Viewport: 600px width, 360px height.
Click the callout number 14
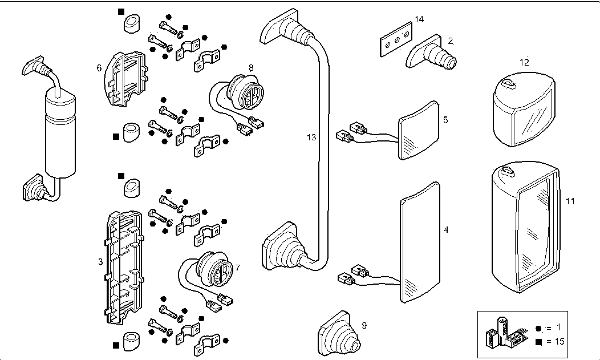pyautogui.click(x=419, y=19)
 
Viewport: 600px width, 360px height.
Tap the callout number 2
pyautogui.click(x=450, y=41)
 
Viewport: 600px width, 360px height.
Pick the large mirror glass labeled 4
pyautogui.click(x=421, y=242)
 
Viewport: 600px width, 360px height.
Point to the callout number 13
pyautogui.click(x=311, y=137)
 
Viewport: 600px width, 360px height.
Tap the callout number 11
pyautogui.click(x=570, y=201)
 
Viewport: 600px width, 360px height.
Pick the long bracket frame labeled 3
pyautogui.click(x=124, y=268)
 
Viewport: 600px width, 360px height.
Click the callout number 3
pyautogui.click(x=100, y=262)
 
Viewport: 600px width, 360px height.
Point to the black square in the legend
pyautogui.click(x=539, y=341)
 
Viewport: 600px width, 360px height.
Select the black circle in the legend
pyautogui.click(x=539, y=328)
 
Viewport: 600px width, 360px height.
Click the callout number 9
pyautogui.click(x=364, y=326)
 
